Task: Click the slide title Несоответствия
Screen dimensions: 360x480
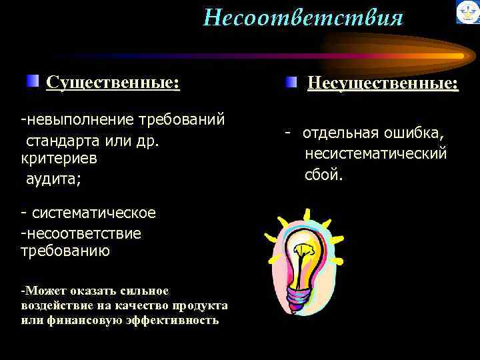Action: click(x=303, y=17)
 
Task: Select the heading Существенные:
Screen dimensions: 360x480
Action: click(x=113, y=83)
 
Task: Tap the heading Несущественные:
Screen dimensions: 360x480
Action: click(x=382, y=84)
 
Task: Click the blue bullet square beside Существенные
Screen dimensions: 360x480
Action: click(x=33, y=82)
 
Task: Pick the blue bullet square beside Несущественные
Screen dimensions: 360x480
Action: click(x=291, y=83)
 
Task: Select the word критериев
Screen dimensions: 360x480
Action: click(x=59, y=159)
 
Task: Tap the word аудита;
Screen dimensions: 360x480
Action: click(x=49, y=179)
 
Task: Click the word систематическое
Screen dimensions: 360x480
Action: click(x=94, y=213)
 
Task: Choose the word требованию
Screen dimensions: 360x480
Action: click(x=65, y=251)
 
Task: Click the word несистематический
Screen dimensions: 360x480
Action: click(x=375, y=154)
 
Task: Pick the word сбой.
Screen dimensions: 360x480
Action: click(x=324, y=175)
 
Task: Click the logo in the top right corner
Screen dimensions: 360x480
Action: click(x=467, y=12)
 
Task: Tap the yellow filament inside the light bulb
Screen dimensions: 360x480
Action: click(x=304, y=253)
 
